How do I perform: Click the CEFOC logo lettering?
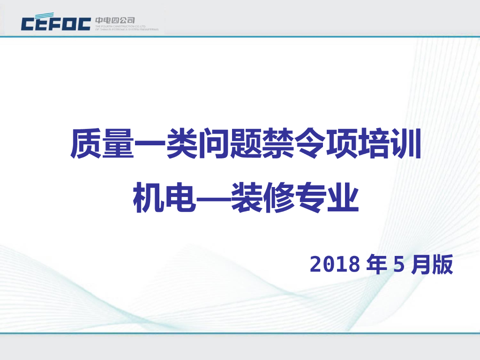pos(56,23)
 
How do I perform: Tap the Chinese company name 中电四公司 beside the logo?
pos(115,20)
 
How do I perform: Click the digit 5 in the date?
pos(398,265)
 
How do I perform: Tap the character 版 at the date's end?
pos(442,265)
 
